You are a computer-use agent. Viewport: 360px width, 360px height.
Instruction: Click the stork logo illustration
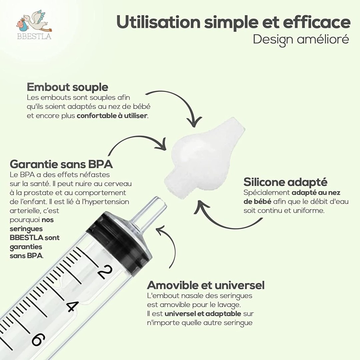click(x=34, y=21)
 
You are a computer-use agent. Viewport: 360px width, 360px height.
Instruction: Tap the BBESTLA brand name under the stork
click(x=34, y=37)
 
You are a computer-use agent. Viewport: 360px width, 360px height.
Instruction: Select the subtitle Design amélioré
click(x=301, y=39)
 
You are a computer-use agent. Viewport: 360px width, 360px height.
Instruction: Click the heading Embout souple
click(x=67, y=87)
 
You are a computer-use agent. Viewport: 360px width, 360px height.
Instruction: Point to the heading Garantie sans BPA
click(x=61, y=164)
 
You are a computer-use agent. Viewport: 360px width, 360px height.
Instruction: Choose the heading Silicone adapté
click(x=285, y=182)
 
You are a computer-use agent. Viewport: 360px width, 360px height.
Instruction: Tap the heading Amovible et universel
click(x=206, y=285)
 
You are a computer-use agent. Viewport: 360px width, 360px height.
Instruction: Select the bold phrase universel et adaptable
click(x=203, y=314)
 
